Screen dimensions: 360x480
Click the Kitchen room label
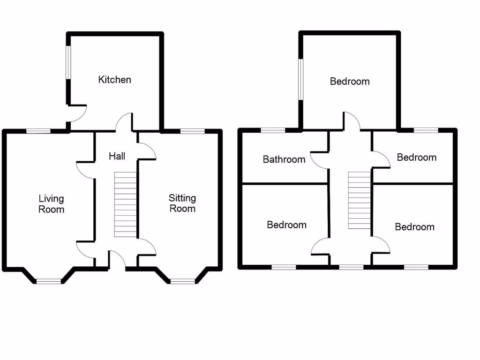pyautogui.click(x=114, y=80)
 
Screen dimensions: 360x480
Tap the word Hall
pyautogui.click(x=117, y=156)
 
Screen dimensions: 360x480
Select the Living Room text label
pyautogui.click(x=51, y=204)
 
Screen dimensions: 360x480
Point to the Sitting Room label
pyautogui.click(x=182, y=203)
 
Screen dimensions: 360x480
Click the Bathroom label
pyautogui.click(x=284, y=159)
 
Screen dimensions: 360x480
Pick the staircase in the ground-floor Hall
pyautogui.click(x=126, y=204)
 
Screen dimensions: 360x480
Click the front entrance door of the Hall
pyautogui.click(x=117, y=260)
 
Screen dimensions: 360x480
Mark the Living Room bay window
pyautogui.click(x=49, y=281)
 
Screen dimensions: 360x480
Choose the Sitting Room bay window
pyautogui.click(x=182, y=281)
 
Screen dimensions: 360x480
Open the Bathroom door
pyautogui.click(x=319, y=161)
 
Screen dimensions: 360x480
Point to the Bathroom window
pyautogui.click(x=273, y=130)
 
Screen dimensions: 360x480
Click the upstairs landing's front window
pyautogui.click(x=351, y=267)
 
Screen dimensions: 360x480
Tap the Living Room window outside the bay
pyautogui.click(x=38, y=131)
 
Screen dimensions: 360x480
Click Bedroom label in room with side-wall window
pyautogui.click(x=350, y=82)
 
